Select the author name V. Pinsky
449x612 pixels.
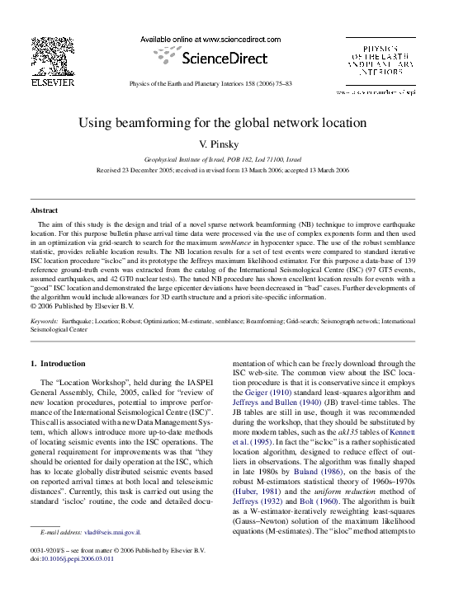pos(223,144)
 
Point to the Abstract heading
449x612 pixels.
pos(44,210)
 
